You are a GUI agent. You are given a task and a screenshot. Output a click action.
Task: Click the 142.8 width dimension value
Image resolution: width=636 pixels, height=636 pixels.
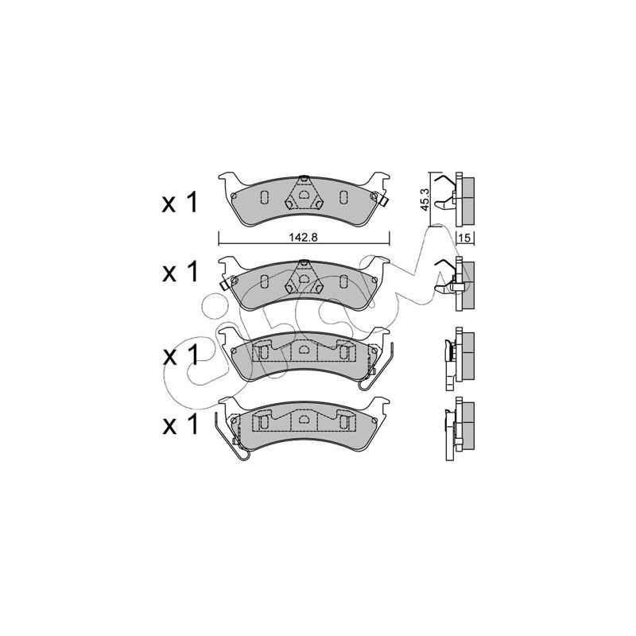(x=304, y=238)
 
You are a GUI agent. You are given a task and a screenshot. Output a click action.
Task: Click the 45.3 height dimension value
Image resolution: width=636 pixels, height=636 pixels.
(x=425, y=199)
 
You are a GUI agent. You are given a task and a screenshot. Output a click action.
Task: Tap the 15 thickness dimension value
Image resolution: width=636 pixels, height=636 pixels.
(x=466, y=238)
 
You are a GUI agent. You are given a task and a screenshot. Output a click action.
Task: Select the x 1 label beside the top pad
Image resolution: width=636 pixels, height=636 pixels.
(x=180, y=203)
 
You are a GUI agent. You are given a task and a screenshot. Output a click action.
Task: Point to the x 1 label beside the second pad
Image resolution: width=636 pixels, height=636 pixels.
(x=180, y=271)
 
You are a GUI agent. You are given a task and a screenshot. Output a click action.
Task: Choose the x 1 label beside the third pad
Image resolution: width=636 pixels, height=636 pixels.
(x=180, y=355)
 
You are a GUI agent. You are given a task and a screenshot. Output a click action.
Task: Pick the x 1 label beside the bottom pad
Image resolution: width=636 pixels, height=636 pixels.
(x=180, y=424)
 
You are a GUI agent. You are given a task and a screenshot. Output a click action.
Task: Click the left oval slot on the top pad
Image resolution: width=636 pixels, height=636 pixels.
(x=263, y=197)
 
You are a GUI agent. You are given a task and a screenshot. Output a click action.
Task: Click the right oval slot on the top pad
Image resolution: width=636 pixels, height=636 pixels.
(x=343, y=197)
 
